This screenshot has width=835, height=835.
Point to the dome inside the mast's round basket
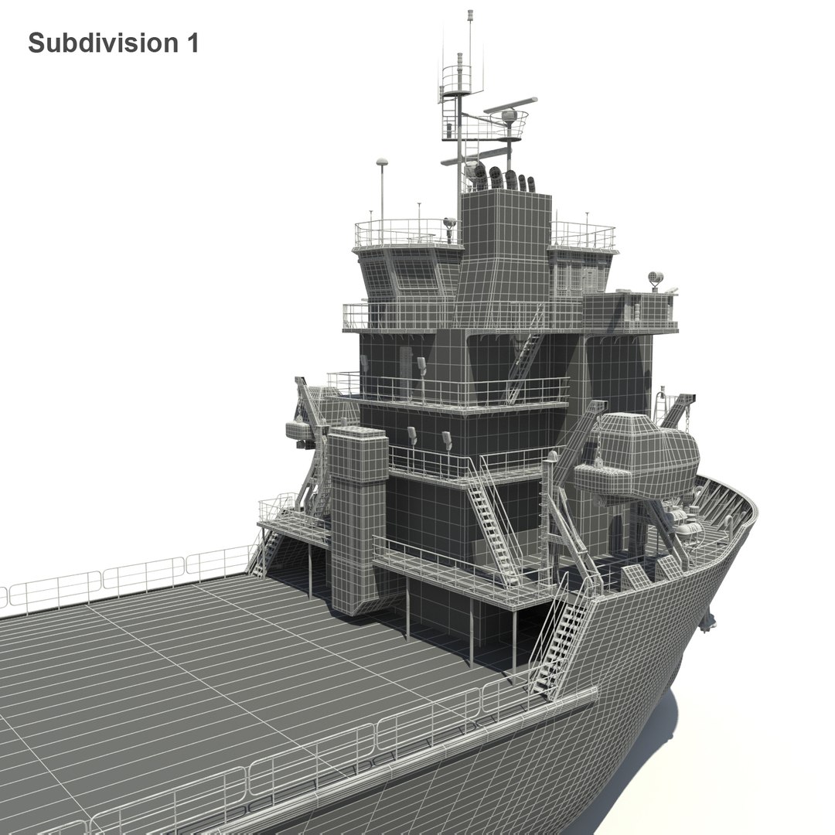tap(509, 117)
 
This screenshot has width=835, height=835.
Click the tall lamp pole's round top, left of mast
tap(381, 162)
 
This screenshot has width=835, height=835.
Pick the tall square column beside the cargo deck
tap(357, 518)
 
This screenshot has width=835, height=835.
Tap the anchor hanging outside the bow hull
tap(707, 619)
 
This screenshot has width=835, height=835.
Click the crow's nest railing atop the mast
tap(456, 77)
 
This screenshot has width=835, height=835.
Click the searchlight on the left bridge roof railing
tap(448, 226)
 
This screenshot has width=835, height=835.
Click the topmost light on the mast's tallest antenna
tap(469, 14)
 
